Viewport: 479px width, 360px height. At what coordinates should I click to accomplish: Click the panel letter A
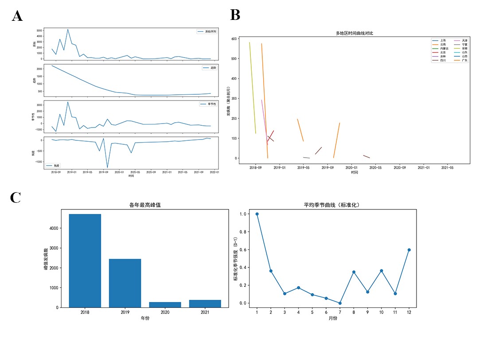click(x=17, y=16)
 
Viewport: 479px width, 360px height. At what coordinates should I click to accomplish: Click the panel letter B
click(x=235, y=15)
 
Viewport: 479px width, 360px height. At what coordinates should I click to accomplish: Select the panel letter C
click(x=16, y=198)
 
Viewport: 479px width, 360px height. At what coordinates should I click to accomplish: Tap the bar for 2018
click(x=85, y=260)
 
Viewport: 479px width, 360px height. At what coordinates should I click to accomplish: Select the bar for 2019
click(x=125, y=283)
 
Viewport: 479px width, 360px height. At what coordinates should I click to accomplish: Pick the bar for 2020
click(x=165, y=305)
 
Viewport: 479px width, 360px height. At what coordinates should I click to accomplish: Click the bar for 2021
click(x=205, y=303)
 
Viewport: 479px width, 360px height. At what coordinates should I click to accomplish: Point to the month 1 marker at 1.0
click(x=257, y=214)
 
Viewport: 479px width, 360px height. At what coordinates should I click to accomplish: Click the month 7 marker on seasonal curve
click(x=340, y=303)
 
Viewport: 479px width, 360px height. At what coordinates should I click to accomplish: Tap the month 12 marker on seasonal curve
click(x=409, y=250)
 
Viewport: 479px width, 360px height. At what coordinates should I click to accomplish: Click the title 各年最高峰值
click(x=144, y=205)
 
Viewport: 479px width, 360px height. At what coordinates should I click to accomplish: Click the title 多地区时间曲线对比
click(x=354, y=33)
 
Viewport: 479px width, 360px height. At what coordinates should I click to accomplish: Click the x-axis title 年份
click(x=144, y=317)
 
